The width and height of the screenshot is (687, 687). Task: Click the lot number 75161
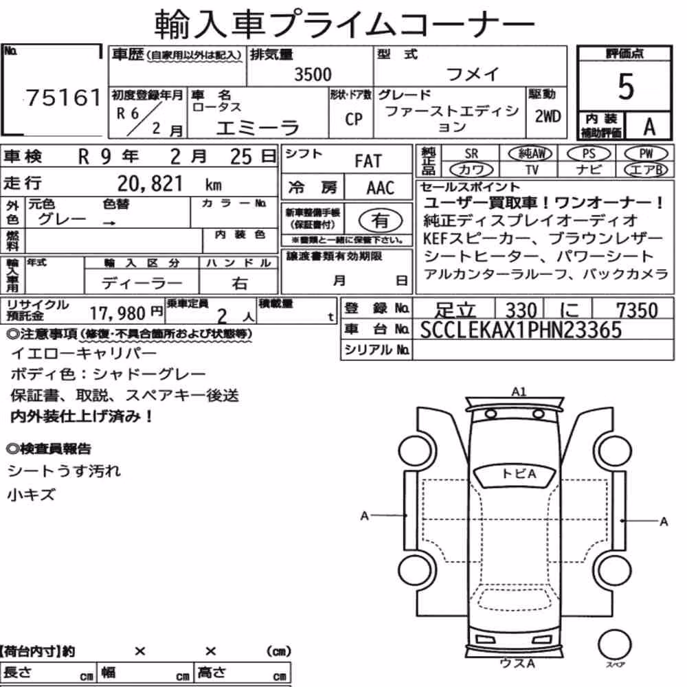click(64, 98)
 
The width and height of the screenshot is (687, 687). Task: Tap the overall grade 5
click(626, 87)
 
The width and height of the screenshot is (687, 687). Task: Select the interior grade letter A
click(649, 126)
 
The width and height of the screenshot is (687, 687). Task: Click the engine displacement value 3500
click(313, 74)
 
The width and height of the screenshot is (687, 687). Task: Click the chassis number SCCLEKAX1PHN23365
click(521, 330)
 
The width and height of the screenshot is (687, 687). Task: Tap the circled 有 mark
click(381, 220)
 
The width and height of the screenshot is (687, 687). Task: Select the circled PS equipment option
click(589, 154)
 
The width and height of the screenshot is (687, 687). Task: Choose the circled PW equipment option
click(646, 154)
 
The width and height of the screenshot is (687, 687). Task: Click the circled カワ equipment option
click(471, 170)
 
